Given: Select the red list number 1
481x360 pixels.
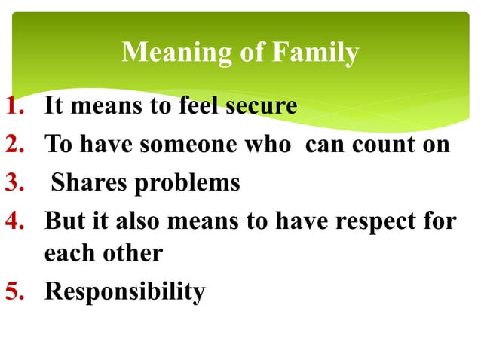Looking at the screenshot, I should [x=17, y=106].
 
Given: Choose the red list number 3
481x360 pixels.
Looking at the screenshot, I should [x=17, y=182].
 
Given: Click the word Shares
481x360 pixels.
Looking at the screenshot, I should [x=88, y=182].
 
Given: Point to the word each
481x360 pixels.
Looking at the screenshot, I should [x=69, y=253].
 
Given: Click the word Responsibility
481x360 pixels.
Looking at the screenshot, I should [x=124, y=291].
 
